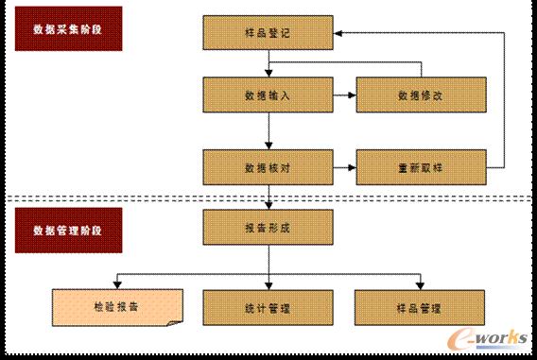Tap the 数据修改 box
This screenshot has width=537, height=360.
(x=421, y=94)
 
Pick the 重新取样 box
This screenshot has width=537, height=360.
(x=421, y=166)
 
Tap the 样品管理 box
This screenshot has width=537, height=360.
(x=421, y=307)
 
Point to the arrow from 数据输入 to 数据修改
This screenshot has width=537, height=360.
(x=344, y=94)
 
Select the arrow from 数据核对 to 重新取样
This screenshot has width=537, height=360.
(x=344, y=166)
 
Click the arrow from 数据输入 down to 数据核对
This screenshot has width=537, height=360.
(x=269, y=130)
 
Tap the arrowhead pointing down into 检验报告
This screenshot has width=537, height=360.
(x=116, y=285)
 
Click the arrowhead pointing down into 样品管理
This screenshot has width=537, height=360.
(x=421, y=285)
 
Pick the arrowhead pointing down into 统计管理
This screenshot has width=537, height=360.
(x=269, y=285)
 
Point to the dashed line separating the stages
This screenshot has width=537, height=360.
(x=142, y=198)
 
